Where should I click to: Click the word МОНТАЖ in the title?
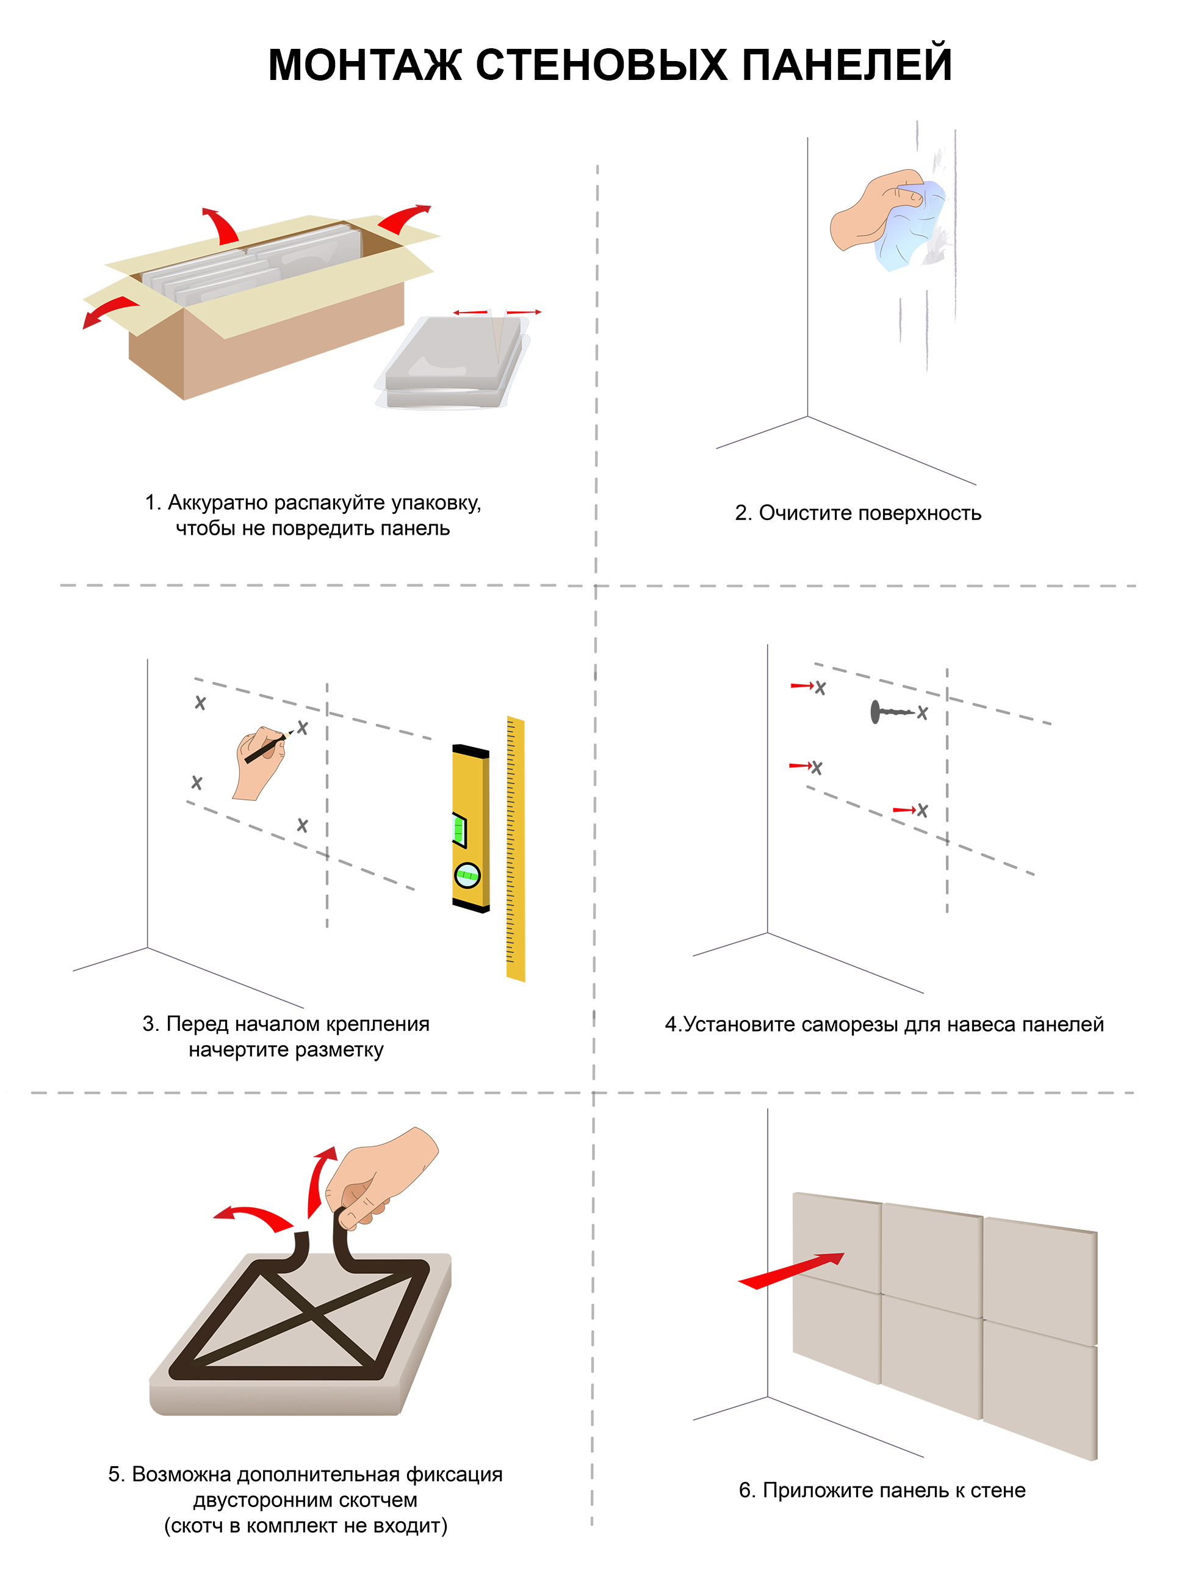pos(364,65)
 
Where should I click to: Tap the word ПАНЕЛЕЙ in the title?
pos(846,65)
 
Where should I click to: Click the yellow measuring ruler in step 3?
pos(516,849)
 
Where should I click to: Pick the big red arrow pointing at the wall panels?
pos(791,1271)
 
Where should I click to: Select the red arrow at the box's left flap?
pos(109,311)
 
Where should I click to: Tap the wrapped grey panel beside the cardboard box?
pos(453,363)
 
